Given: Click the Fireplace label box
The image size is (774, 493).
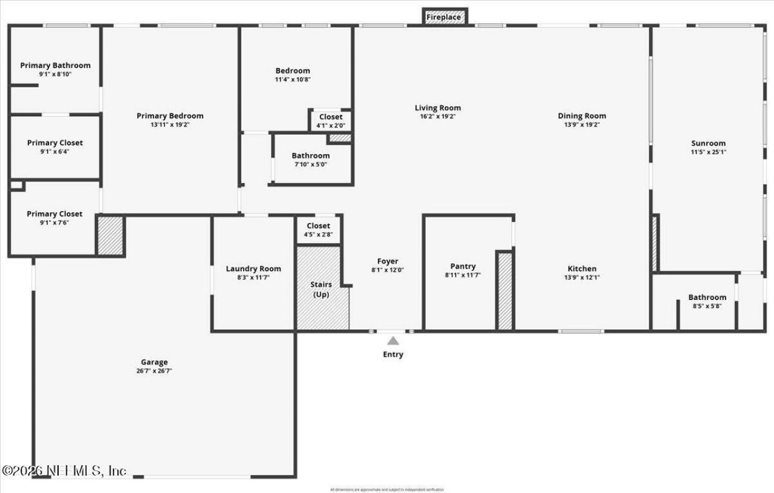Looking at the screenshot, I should pos(444,18).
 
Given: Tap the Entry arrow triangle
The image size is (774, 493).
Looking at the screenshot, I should pos(393,341).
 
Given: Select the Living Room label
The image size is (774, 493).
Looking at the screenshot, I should pos(438,108).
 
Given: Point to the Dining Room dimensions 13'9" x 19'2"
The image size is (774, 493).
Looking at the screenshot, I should pos(582,124).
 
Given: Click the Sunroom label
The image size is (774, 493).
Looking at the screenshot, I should pos(708,143).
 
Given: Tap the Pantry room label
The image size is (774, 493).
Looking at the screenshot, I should pos(463,266).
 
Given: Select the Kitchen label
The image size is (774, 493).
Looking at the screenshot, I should pos(582,269).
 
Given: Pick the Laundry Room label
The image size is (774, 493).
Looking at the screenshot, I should pos(253,269).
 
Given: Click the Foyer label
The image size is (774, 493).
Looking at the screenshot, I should pos(388,262).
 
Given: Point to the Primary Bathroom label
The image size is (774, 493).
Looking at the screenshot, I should pos(55,65).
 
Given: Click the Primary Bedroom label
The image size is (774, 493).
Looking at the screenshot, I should pos(170,116).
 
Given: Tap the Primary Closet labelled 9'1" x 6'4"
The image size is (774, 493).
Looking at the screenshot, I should pos(55,143).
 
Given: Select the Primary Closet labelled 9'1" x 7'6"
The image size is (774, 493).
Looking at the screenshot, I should pos(54,214).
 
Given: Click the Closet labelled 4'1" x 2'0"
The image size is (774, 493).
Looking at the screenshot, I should pos(330,117).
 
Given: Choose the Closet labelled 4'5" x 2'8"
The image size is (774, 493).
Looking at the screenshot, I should pos(318,226).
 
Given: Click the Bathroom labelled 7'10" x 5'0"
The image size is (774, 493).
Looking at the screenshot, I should pos(311,155).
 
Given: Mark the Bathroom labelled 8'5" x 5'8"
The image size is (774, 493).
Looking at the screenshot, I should pos(707,297).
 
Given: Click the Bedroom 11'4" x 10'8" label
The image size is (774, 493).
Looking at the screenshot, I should pos(293,71).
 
